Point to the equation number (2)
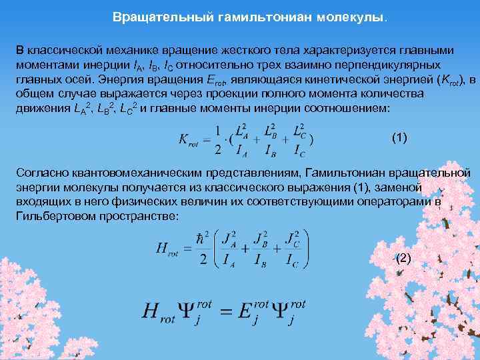coord(404,258)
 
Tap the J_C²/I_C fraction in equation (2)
coord(291,249)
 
